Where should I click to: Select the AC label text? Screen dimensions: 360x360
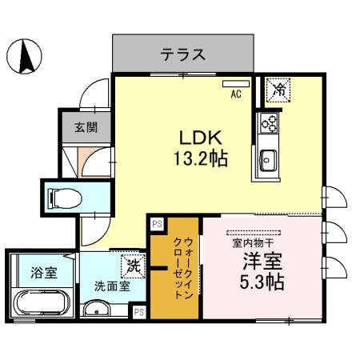tap(236, 93)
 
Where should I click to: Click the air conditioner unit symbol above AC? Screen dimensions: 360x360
tap(236, 83)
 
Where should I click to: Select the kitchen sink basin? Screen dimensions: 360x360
tap(268, 159)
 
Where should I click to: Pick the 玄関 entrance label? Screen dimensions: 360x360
tap(86, 126)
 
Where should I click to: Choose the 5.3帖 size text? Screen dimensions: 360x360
tap(262, 282)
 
